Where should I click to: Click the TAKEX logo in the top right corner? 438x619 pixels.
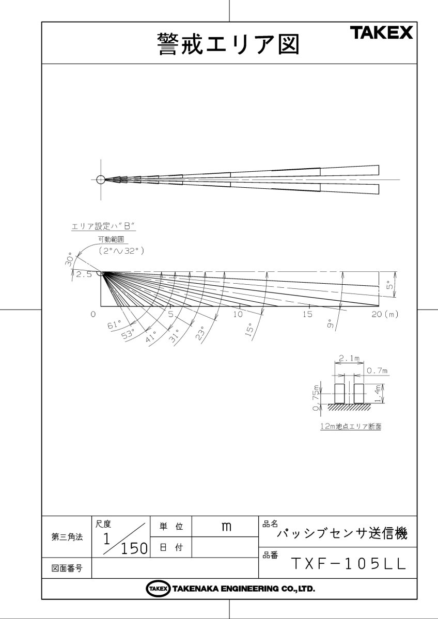(x=382, y=33)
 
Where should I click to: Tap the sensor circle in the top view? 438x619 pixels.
(x=101, y=180)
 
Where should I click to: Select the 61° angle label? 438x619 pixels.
(x=114, y=325)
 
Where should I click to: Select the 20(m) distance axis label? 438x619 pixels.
(x=387, y=314)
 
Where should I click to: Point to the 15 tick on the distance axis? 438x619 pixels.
(x=307, y=314)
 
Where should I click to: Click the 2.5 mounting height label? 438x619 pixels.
(x=84, y=275)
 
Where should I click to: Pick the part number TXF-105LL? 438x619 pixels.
(x=349, y=564)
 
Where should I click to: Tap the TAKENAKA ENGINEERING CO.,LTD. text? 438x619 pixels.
(x=243, y=589)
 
